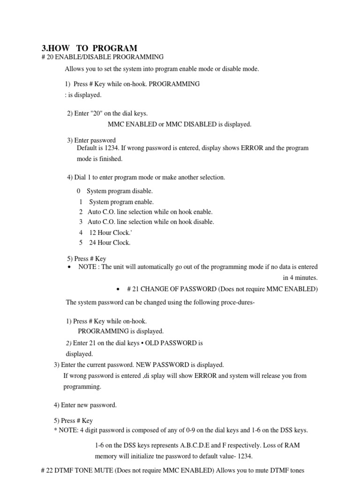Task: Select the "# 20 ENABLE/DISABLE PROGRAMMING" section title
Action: pyautogui.click(x=103, y=57)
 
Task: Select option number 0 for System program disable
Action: pyautogui.click(x=79, y=191)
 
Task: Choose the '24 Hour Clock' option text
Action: pyautogui.click(x=110, y=243)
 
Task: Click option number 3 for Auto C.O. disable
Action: pyautogui.click(x=81, y=222)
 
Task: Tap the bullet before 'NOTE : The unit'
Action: pyautogui.click(x=69, y=267)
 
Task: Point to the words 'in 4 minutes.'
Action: pyautogui.click(x=300, y=277)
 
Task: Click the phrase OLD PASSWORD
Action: pyautogui.click(x=174, y=343)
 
